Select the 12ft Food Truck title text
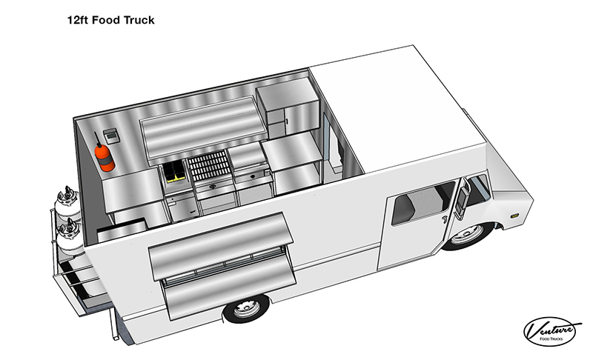click(x=110, y=20)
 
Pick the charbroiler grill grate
click(x=208, y=165)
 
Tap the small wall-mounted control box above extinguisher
click(x=110, y=135)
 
